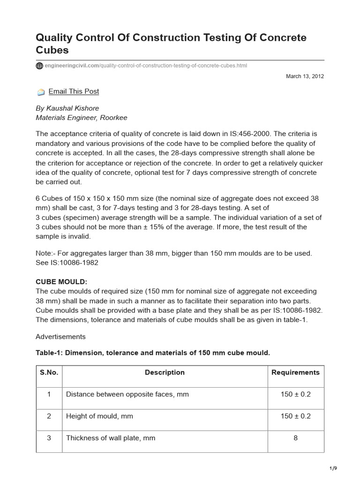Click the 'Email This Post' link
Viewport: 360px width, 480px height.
pos(74,91)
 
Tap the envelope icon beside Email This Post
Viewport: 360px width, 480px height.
pos(41,92)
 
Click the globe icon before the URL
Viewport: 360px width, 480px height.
pos(39,66)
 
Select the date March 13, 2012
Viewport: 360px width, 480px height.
pos(305,76)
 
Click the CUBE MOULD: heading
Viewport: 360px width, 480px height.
pos(61,281)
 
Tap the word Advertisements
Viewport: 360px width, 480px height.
pos(60,337)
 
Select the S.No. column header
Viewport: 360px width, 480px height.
pos(49,373)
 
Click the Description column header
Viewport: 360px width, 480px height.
pos(165,373)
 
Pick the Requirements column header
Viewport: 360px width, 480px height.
pos(295,373)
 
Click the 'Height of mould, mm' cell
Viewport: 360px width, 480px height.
pos(99,416)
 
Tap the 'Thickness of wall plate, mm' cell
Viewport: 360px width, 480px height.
pos(111,438)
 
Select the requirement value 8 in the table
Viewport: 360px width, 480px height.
pos(295,438)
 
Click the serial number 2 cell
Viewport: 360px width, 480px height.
pos(49,416)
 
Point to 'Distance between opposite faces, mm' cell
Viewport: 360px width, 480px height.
pos(127,394)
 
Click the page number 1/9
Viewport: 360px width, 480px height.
pos(333,468)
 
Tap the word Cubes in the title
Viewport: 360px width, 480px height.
pos(52,50)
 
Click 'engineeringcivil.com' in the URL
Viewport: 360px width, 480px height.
pos(71,66)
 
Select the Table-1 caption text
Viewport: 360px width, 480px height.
pos(153,352)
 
